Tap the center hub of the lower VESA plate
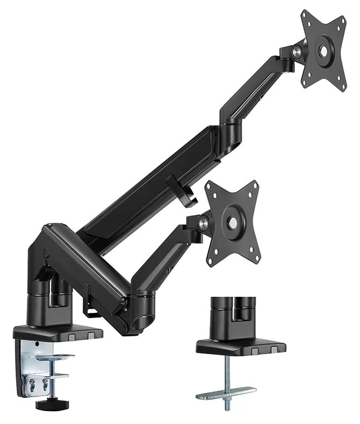click(x=234, y=222)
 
